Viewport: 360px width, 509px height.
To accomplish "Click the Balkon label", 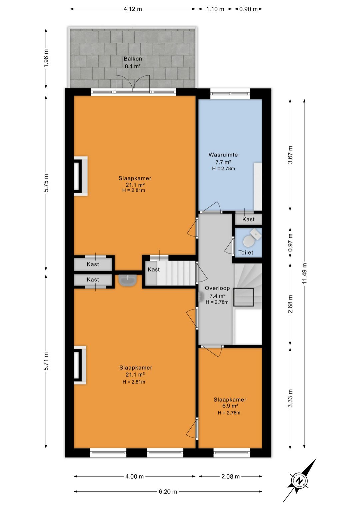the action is point(133,59).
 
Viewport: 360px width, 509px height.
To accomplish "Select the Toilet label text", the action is point(246,252).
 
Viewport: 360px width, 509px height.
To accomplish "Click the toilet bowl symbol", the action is point(248,241).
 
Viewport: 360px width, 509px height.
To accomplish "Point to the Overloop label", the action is point(217,288).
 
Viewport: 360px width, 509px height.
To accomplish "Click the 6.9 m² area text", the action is point(230,406).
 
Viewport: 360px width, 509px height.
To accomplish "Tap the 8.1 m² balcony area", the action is point(133,66).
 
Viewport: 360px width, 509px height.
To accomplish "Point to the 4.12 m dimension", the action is point(133,9).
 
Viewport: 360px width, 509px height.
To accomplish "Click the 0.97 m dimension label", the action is point(290,243).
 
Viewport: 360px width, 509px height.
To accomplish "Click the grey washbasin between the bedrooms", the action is point(128,280).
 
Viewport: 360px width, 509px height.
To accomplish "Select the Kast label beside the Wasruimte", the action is point(248,219).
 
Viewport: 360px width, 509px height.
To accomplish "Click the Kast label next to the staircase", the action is point(154,270).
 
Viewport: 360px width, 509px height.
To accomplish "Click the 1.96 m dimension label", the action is point(46,58).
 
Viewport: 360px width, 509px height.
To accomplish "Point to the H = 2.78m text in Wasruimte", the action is point(223,168).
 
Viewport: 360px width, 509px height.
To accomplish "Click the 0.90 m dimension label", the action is point(249,9).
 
